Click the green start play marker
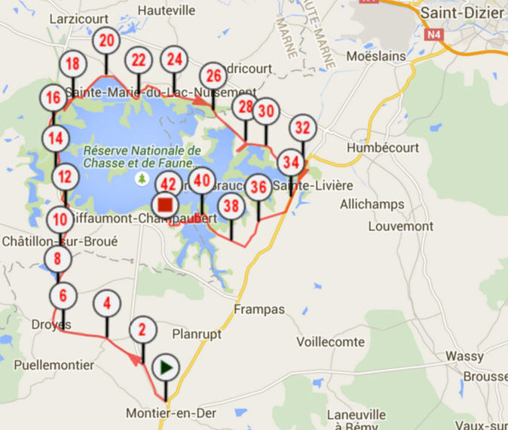166,367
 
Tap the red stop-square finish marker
165,204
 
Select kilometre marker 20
107,41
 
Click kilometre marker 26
213,75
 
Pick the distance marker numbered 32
302,127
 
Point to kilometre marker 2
142,330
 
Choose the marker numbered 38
231,206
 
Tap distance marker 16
53,98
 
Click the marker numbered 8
58,260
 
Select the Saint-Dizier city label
462,13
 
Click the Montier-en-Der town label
165,414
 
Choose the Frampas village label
259,310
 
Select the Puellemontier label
54,365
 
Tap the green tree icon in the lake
141,178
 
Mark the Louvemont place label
401,226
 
